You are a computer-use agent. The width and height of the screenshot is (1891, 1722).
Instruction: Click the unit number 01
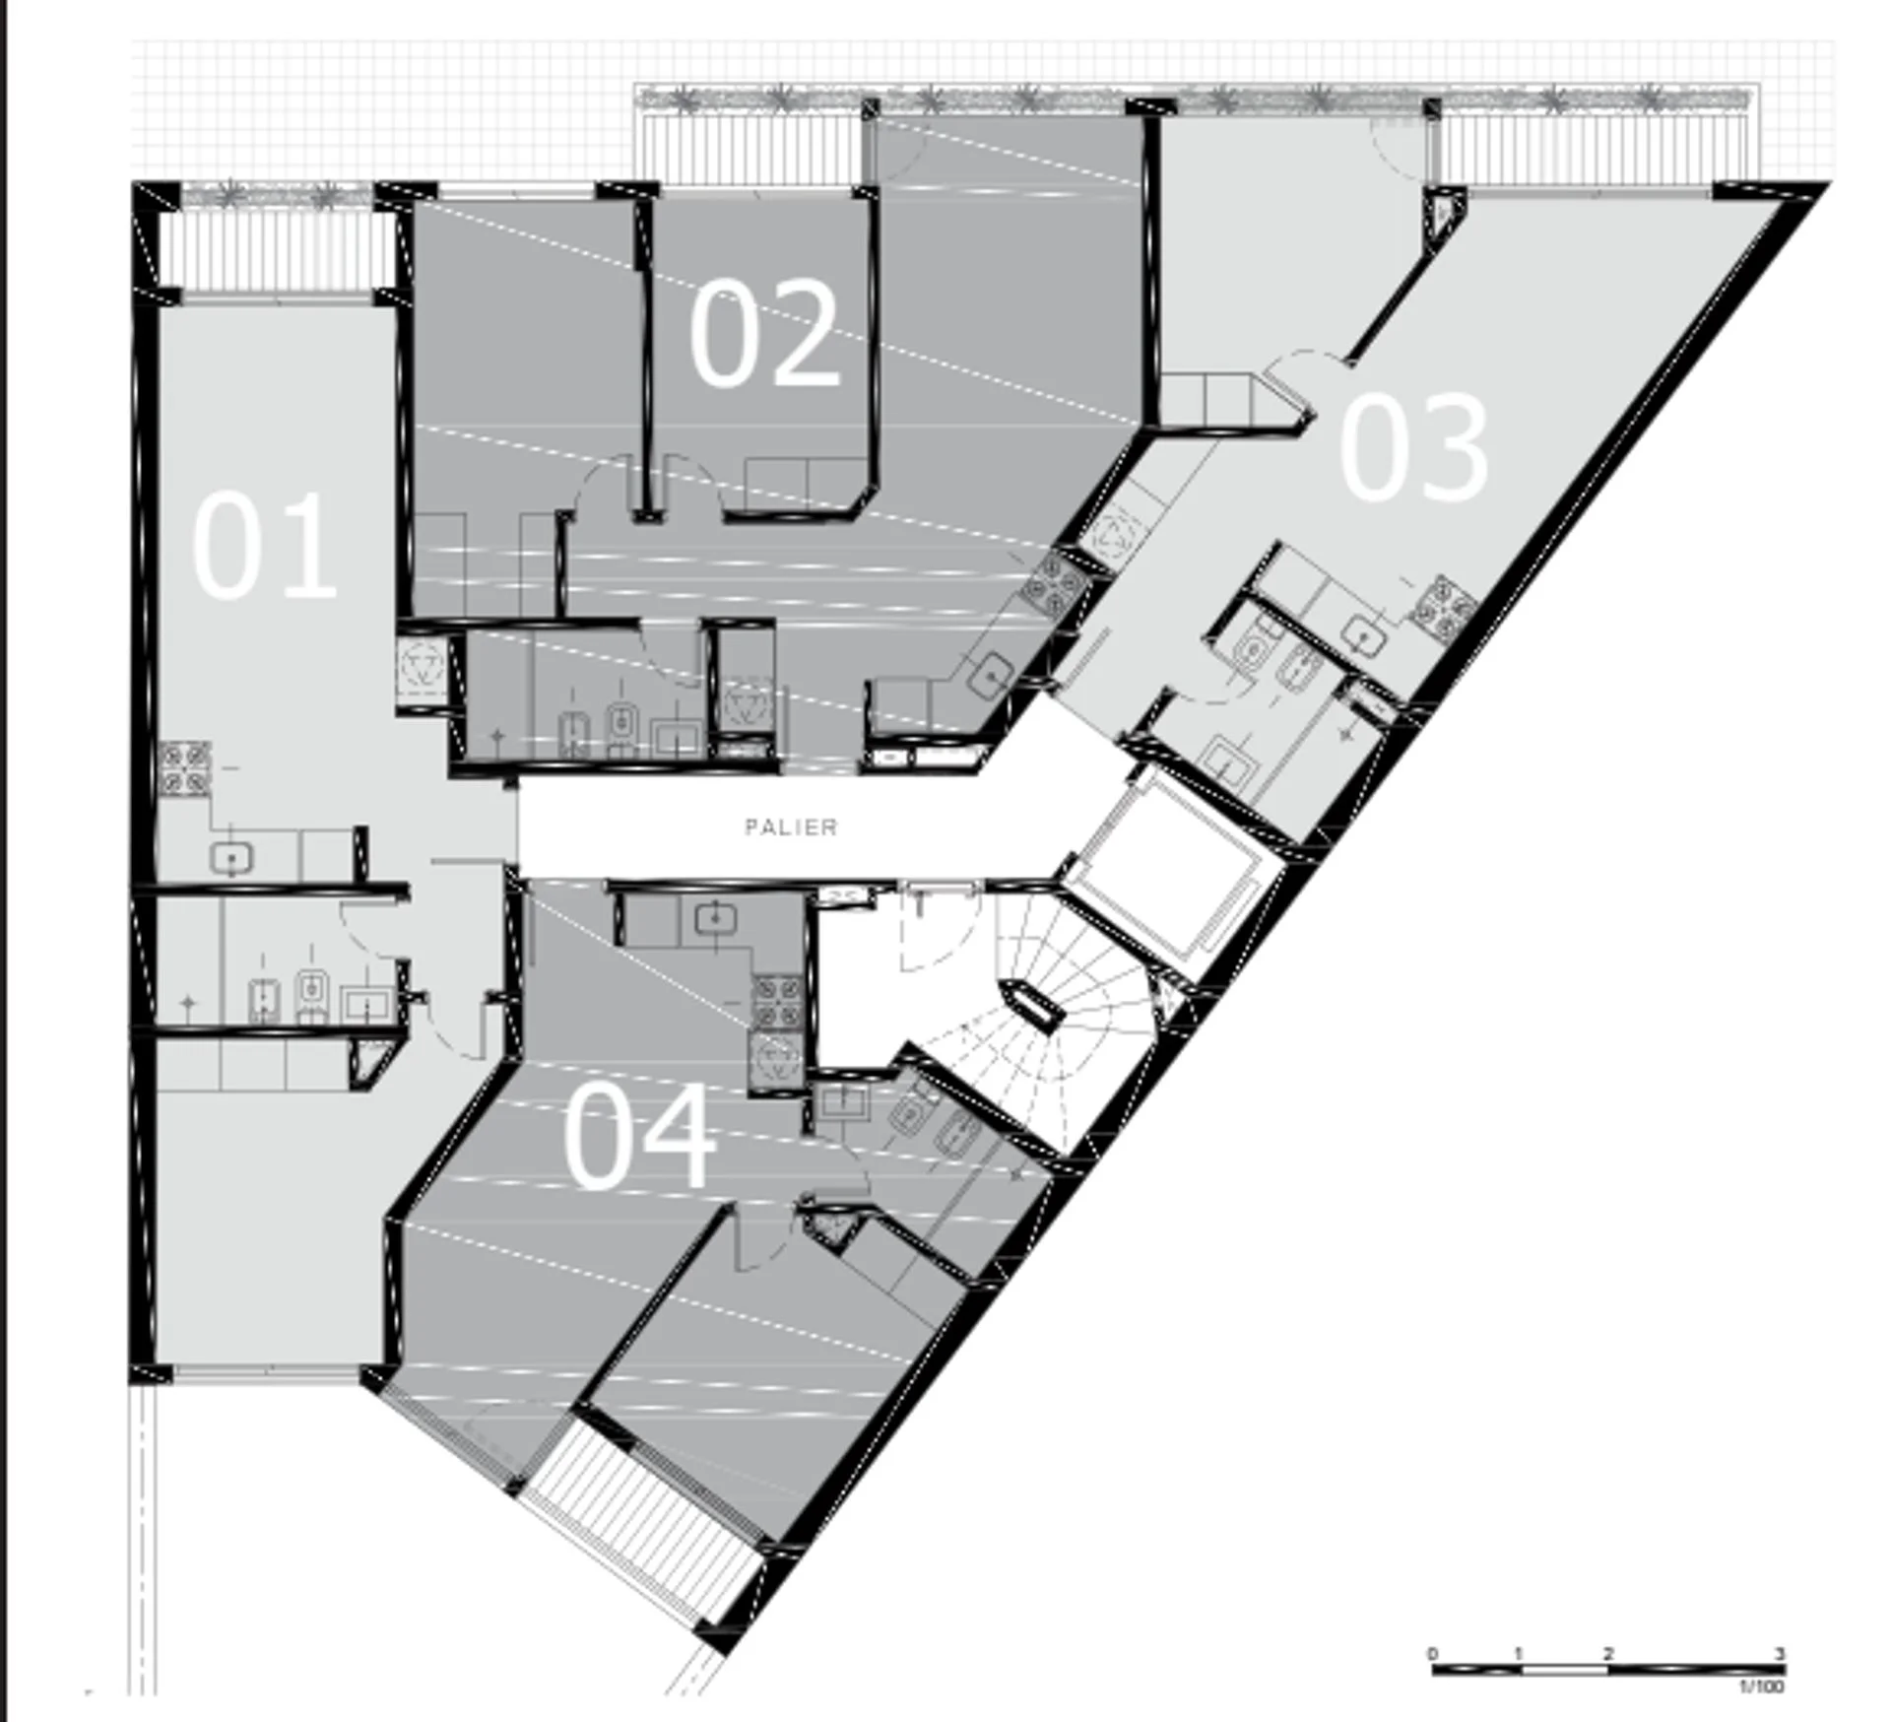tap(264, 546)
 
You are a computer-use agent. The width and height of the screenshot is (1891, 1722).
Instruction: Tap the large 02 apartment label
tap(764, 332)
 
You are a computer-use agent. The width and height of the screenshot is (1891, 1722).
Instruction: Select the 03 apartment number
tap(1413, 446)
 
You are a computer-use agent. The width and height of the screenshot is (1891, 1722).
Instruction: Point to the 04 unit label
tap(639, 1135)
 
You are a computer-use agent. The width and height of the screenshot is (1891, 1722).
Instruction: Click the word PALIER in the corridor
tap(792, 828)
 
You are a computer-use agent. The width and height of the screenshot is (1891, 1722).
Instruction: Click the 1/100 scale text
tap(1762, 1687)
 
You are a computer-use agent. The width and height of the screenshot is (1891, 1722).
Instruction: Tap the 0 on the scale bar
tap(1434, 1652)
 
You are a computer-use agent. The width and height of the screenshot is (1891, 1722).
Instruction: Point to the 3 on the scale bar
tap(1780, 1652)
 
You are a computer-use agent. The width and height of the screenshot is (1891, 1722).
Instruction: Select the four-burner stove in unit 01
tap(185, 768)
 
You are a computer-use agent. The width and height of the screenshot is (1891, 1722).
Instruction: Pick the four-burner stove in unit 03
tap(1443, 603)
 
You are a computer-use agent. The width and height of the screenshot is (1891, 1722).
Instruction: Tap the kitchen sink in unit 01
tap(231, 858)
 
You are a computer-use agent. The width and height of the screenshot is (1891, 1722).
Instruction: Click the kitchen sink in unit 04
tap(715, 919)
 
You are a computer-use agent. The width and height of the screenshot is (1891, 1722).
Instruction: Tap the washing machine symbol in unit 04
tap(778, 1058)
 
